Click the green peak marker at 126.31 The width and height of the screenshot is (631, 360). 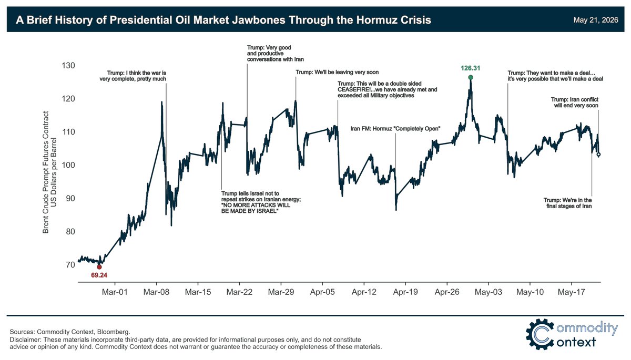click(471, 77)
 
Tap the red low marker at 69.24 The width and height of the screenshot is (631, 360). click(99, 267)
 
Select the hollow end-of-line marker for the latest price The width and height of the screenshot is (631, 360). click(598, 154)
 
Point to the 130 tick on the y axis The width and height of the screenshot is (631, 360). click(68, 66)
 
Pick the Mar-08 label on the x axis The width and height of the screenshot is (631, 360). click(156, 292)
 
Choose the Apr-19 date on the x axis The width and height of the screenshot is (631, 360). click(405, 292)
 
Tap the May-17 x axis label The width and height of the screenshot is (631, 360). click(571, 292)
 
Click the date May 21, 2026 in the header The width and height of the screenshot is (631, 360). click(596, 20)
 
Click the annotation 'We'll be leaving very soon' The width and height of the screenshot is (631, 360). click(337, 73)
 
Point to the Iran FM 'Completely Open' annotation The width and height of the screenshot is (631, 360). click(395, 129)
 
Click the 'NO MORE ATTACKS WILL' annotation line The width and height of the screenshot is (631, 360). click(256, 205)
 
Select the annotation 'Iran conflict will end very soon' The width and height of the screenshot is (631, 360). click(575, 102)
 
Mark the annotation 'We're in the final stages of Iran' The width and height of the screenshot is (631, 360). click(567, 203)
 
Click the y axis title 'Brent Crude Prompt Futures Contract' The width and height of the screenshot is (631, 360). click(46, 172)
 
